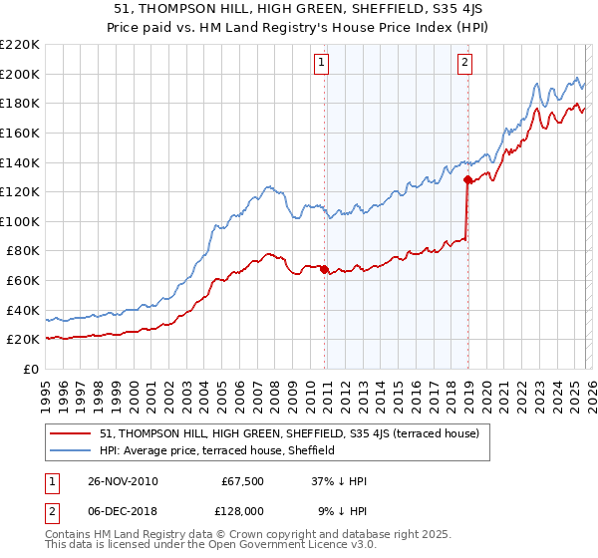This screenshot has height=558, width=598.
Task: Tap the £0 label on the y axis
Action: [31, 369]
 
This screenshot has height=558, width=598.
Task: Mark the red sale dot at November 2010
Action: [325, 269]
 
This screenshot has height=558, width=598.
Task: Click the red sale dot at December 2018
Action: [466, 179]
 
